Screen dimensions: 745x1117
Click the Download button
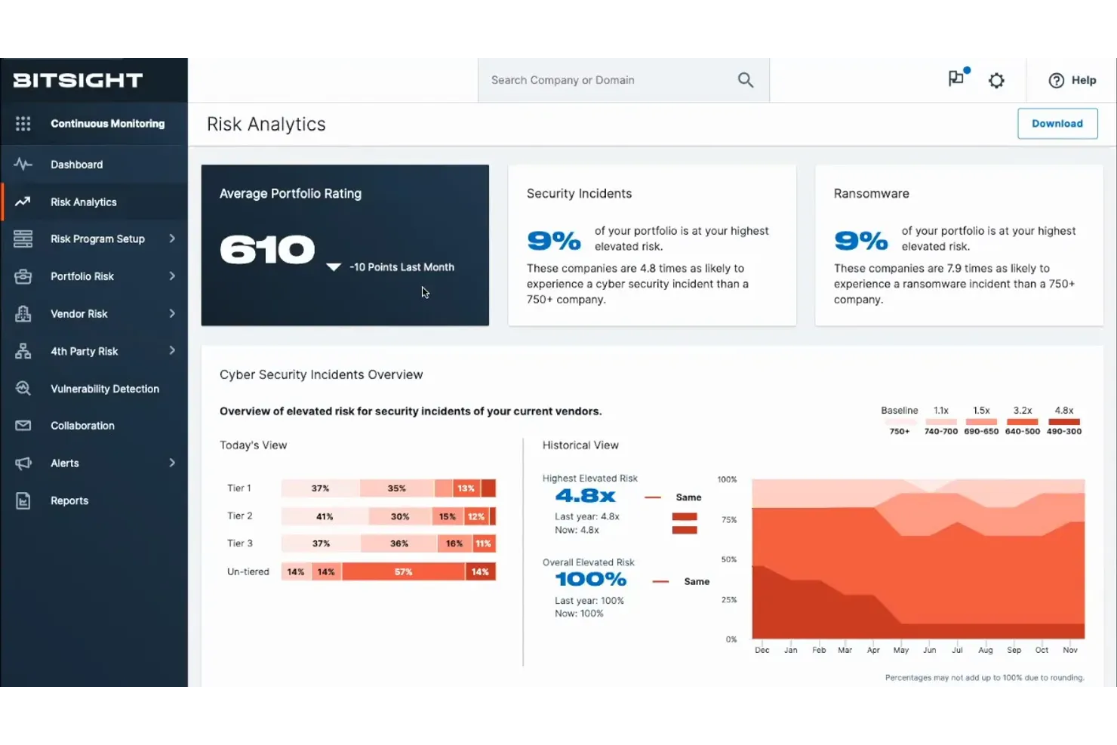point(1057,124)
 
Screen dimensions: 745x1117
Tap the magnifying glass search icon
point(745,80)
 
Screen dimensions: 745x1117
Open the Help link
point(1072,80)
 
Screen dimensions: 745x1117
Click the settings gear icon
point(996,80)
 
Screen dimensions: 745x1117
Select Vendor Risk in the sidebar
point(78,314)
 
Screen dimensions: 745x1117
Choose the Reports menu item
point(69,500)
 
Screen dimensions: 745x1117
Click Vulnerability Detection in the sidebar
point(104,389)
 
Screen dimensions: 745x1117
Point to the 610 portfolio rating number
point(267,250)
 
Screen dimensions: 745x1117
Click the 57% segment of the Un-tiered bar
point(403,572)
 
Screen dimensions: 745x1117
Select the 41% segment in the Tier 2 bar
point(325,517)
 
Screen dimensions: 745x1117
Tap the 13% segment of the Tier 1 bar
point(466,488)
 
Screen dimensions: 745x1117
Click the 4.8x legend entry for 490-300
point(1063,420)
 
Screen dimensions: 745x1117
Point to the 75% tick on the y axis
point(728,520)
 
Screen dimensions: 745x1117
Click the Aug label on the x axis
point(985,650)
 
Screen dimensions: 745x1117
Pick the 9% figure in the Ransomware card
point(860,241)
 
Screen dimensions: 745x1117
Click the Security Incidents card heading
point(579,194)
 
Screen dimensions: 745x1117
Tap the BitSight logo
point(78,80)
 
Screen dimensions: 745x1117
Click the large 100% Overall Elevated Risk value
point(590,580)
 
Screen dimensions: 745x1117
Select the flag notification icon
point(956,79)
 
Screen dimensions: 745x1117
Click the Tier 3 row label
point(240,543)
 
